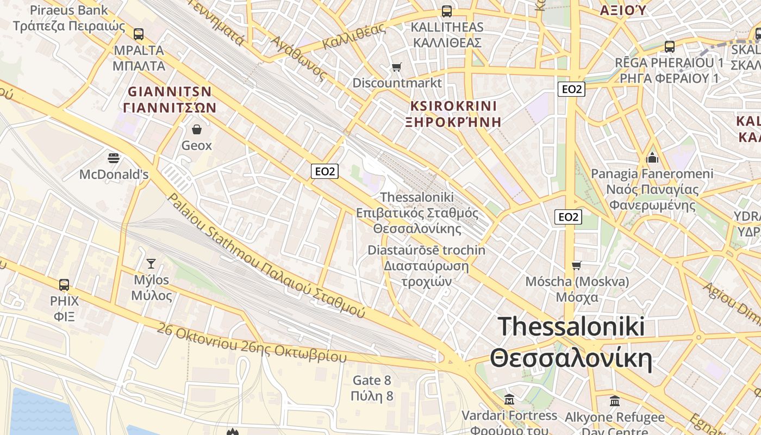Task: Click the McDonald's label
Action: coord(114,175)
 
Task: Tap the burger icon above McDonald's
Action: coord(114,158)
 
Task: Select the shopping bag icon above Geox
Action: coord(196,129)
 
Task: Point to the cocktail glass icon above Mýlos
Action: coord(151,264)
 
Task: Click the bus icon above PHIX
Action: coord(64,284)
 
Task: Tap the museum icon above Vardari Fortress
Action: coord(509,400)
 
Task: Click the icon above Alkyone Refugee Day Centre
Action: coord(615,401)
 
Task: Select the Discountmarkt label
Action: coord(397,83)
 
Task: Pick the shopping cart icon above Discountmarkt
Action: coord(397,67)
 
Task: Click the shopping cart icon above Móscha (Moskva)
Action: coord(577,265)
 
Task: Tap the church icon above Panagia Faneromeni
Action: coord(652,158)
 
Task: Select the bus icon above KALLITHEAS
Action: coord(446,11)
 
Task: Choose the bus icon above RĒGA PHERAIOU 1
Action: coord(669,47)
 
